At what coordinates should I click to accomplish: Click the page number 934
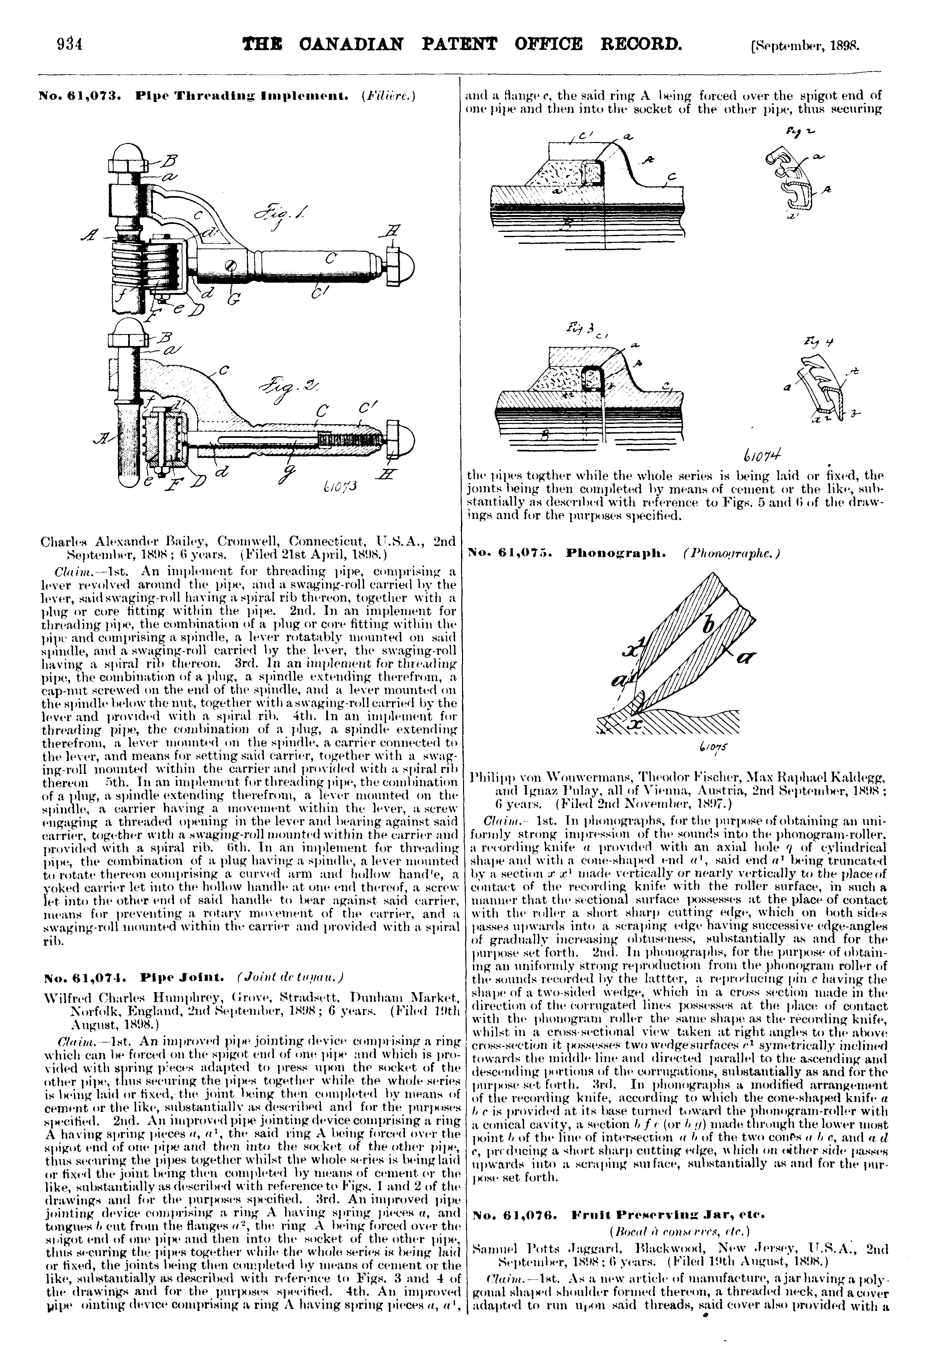69,44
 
